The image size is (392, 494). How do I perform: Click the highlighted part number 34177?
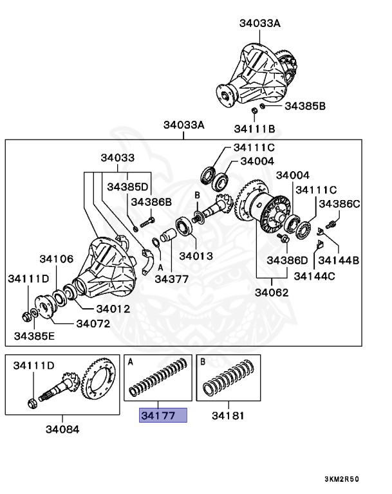(163, 416)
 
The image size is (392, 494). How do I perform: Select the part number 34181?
(229, 416)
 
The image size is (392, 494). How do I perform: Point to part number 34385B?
(304, 105)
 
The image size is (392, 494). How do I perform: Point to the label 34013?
(196, 255)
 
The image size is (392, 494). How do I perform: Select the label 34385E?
(36, 336)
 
